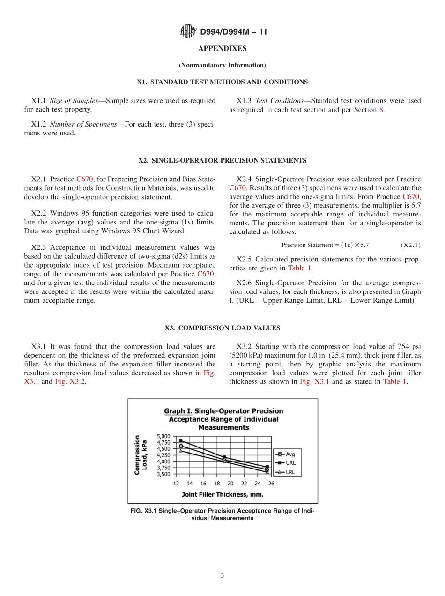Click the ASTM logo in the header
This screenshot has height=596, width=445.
(x=187, y=32)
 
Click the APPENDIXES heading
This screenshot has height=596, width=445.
(x=222, y=49)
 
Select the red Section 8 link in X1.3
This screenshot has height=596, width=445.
(x=381, y=110)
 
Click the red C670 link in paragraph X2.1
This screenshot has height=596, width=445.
(x=85, y=179)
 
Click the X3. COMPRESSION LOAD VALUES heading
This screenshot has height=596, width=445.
(x=222, y=328)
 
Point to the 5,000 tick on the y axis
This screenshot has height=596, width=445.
(x=164, y=436)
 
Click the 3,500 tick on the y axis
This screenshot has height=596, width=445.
(x=164, y=474)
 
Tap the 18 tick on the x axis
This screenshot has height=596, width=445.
(x=217, y=484)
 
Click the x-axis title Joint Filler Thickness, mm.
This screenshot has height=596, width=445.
(x=222, y=494)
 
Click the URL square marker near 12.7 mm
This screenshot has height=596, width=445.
(x=181, y=441)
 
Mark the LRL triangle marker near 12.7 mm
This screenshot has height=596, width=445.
(x=181, y=451)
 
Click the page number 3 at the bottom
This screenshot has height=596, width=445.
(x=222, y=575)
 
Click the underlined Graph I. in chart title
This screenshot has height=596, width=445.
(x=178, y=411)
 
